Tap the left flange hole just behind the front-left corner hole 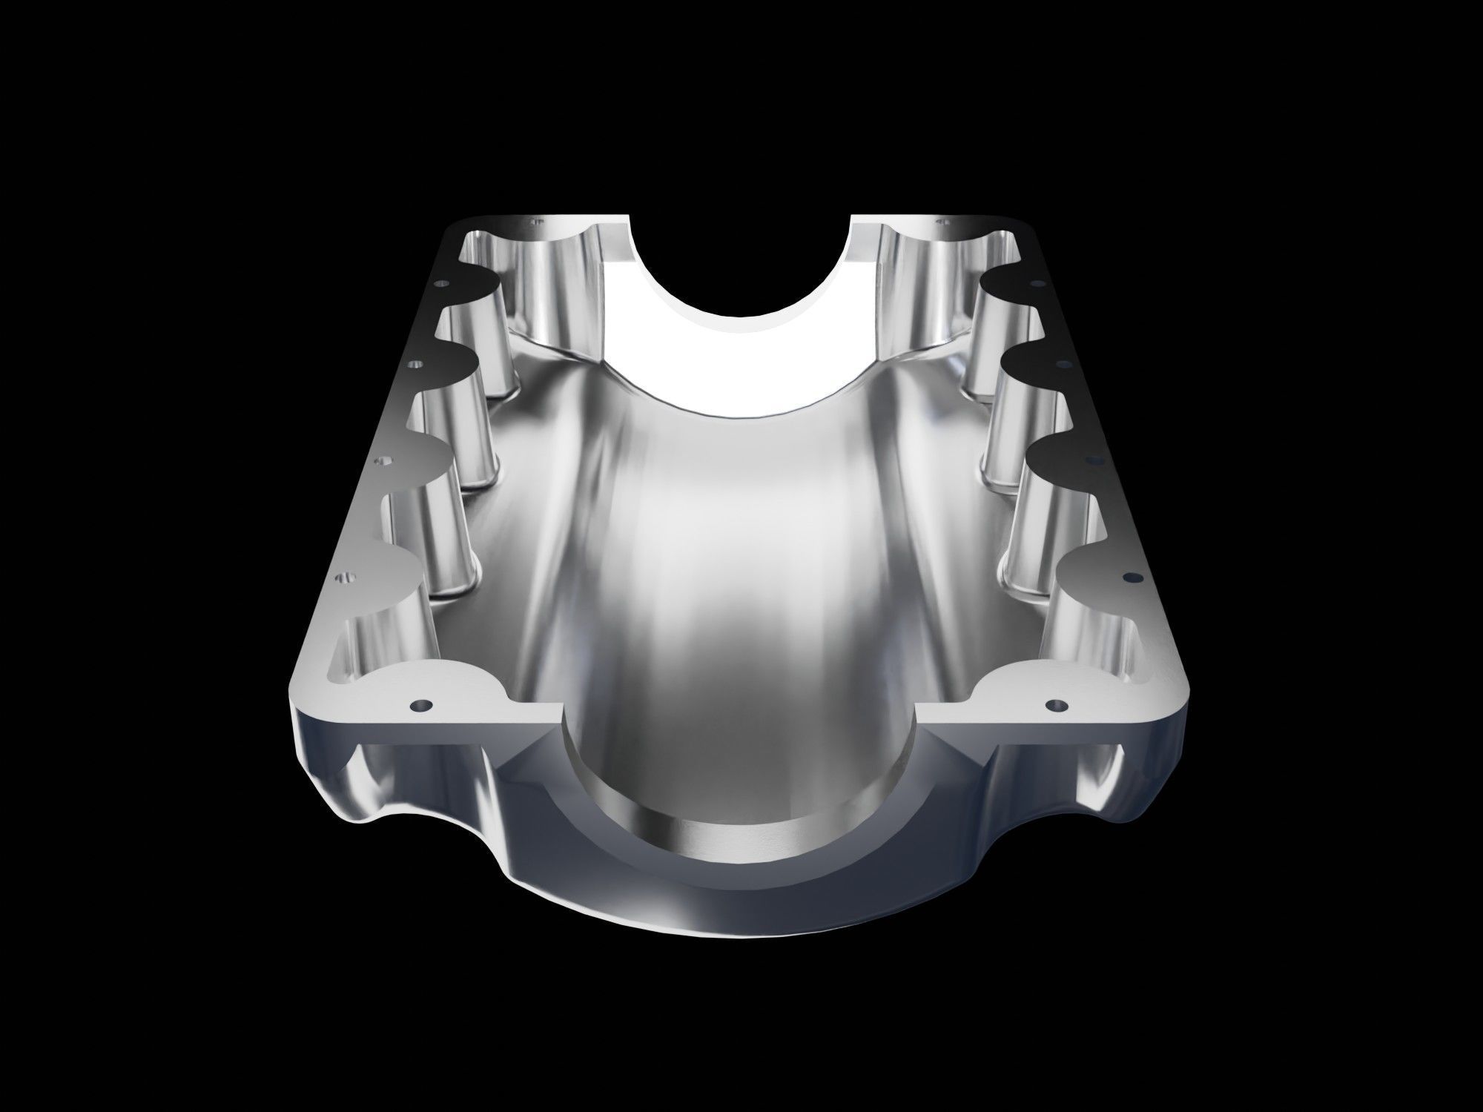343,576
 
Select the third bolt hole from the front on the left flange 383,461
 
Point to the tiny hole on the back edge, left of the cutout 531,220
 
